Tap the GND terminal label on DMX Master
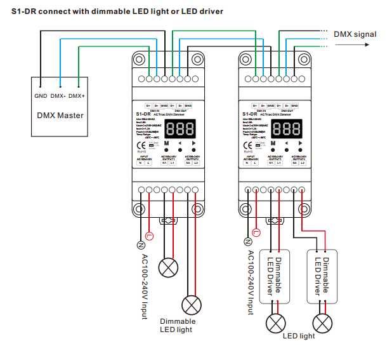pyautogui.click(x=40, y=95)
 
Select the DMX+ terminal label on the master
pyautogui.click(x=77, y=95)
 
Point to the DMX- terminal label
pyautogui.click(x=58, y=95)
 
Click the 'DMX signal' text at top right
pyautogui.click(x=355, y=34)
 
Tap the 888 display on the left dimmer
pyautogui.click(x=178, y=129)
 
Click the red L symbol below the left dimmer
pyautogui.click(x=149, y=236)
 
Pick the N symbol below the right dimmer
pyautogui.click(x=248, y=241)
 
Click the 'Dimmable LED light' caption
pyautogui.click(x=178, y=325)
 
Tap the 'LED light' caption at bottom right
pyautogui.click(x=299, y=336)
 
